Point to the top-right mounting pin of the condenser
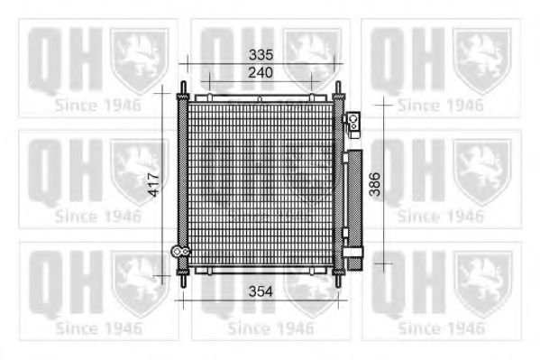click(x=339, y=91)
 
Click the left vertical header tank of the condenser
click(x=184, y=185)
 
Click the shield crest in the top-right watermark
click(x=481, y=60)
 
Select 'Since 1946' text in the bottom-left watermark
click(x=98, y=328)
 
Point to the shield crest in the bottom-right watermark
click(x=481, y=283)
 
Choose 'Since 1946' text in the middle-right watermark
click(x=441, y=216)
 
